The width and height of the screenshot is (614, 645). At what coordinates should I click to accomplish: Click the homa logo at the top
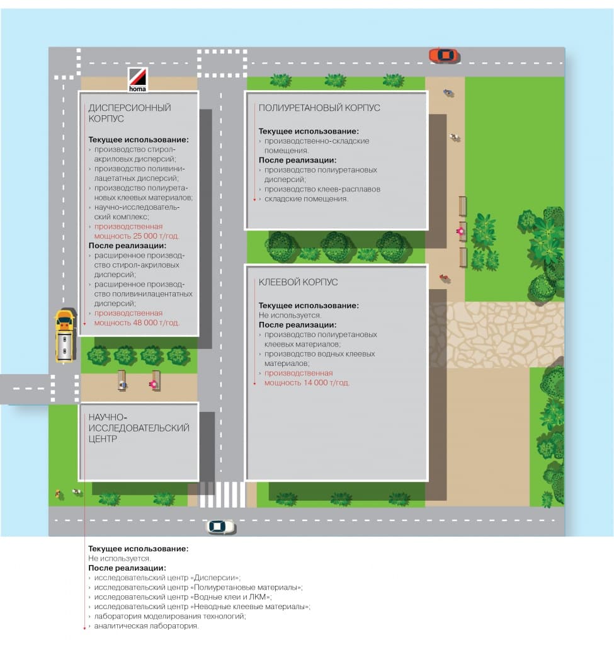point(137,79)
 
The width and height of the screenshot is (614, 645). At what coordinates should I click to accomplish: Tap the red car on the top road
point(443,55)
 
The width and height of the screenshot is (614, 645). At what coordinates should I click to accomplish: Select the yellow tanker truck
point(64,336)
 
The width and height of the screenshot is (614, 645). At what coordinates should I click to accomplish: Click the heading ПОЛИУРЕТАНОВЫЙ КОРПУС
point(319,108)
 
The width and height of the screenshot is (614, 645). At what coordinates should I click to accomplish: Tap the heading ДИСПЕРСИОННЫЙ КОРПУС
point(129,113)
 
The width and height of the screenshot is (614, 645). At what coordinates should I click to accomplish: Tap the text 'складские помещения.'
point(306,198)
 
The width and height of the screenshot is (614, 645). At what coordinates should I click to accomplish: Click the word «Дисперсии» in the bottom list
point(215,577)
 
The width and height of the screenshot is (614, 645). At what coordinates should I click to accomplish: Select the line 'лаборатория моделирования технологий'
point(169,616)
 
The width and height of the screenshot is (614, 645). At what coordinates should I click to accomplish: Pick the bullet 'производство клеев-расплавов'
point(322,189)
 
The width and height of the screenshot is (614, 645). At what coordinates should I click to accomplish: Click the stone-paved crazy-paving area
point(497,334)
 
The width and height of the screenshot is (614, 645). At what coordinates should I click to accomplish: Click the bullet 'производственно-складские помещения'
point(317,146)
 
